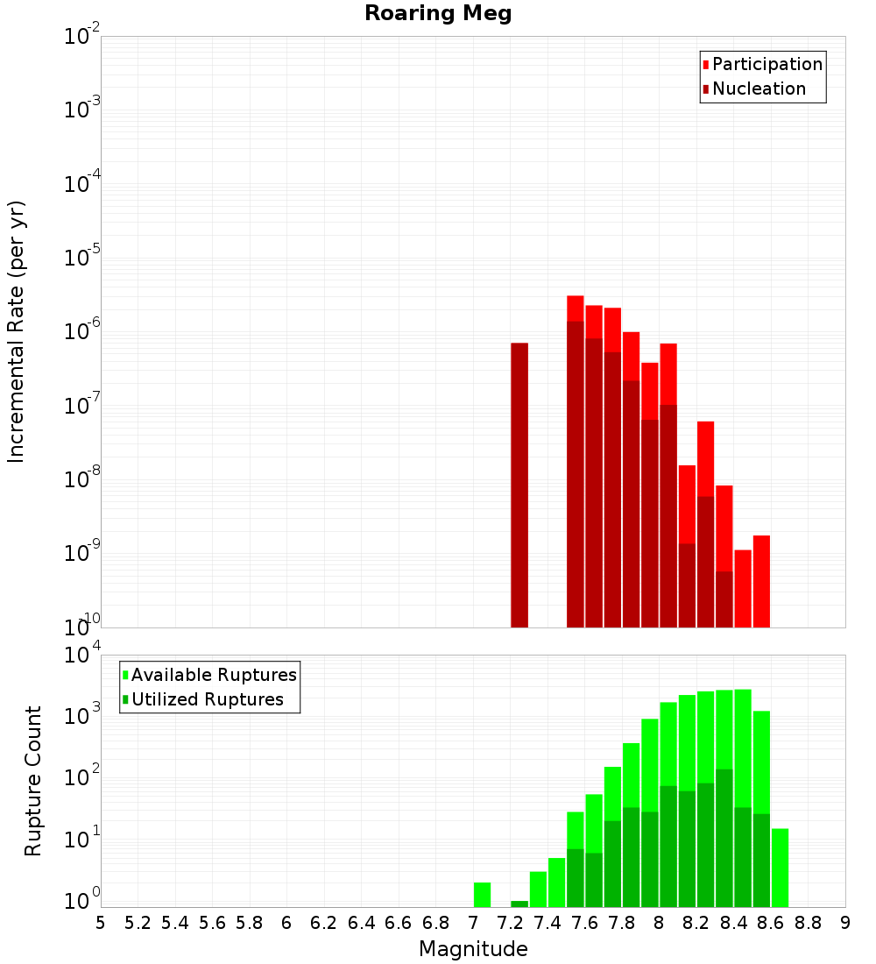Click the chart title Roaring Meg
438,14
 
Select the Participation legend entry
767,64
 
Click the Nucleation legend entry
759,89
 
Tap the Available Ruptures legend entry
214,675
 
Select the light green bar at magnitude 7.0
482,895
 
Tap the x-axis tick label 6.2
323,923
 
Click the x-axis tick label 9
845,923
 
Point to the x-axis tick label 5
101,923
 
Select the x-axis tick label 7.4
547,923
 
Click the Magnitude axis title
473,949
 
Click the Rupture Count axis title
33,781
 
